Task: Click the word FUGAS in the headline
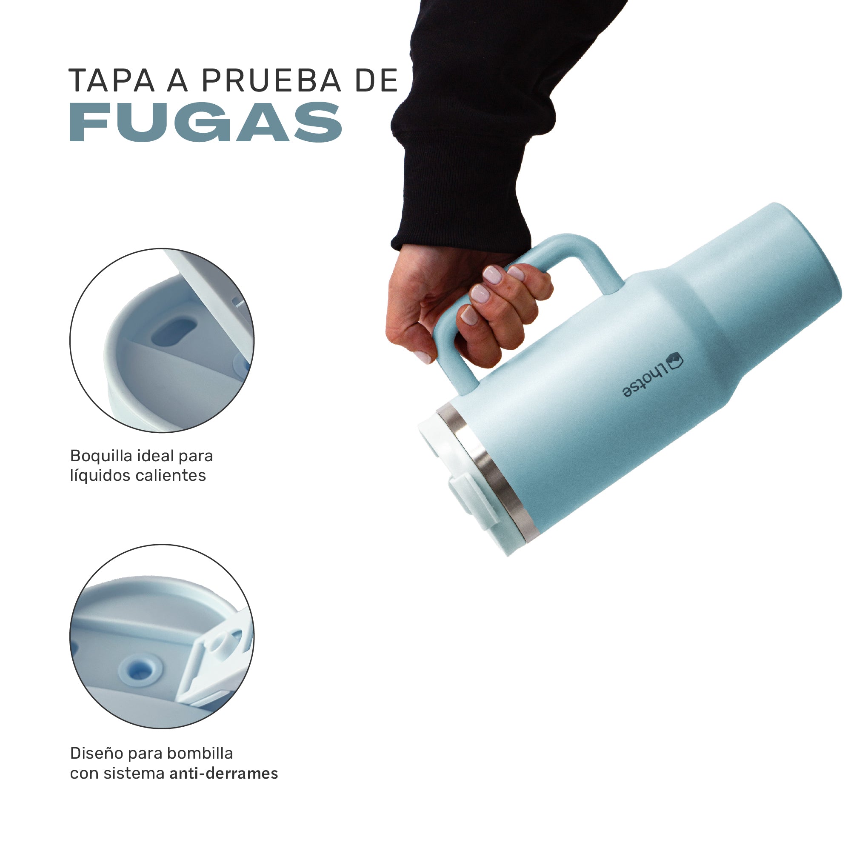pyautogui.click(x=205, y=122)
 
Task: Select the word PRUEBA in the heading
pyautogui.click(x=271, y=80)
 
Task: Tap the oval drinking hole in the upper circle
pyautogui.click(x=174, y=332)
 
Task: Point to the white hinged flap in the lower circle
pyautogui.click(x=216, y=665)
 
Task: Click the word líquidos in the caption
pyautogui.click(x=100, y=476)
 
